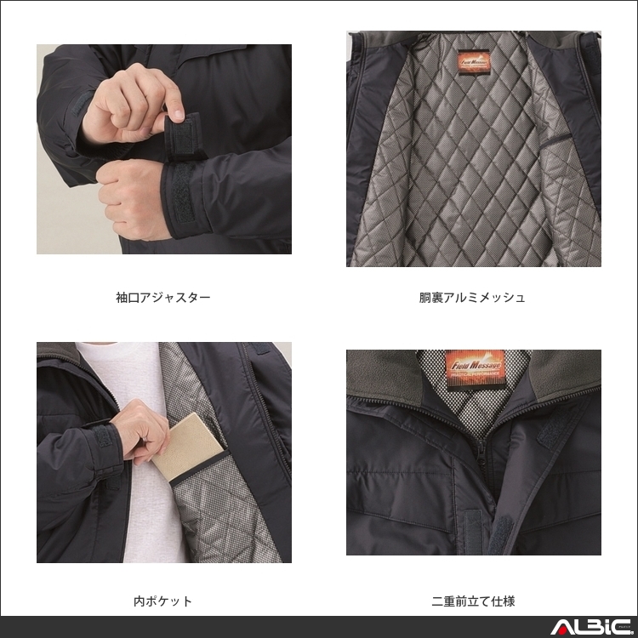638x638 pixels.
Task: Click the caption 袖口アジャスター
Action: pos(162,298)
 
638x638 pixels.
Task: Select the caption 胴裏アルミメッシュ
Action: pos(472,298)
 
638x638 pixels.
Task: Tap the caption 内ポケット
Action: pos(162,601)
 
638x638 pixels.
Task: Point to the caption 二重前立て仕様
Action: pos(473,601)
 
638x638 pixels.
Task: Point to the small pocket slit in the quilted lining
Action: pos(557,136)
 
